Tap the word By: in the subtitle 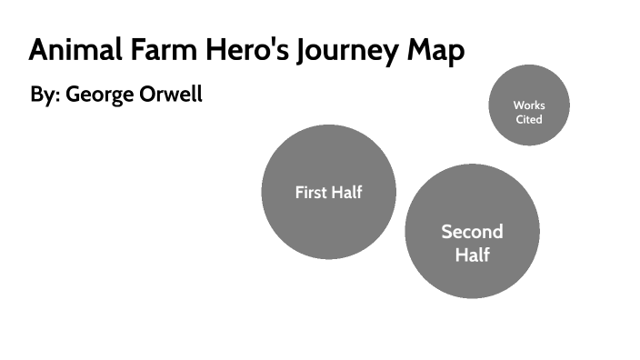pos(43,95)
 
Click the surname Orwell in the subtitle pos(170,95)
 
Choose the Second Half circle pos(472,273)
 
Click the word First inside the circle pos(311,192)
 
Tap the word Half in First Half pos(347,192)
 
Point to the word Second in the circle pos(472,231)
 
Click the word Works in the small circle pos(529,105)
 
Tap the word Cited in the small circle pos(529,119)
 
